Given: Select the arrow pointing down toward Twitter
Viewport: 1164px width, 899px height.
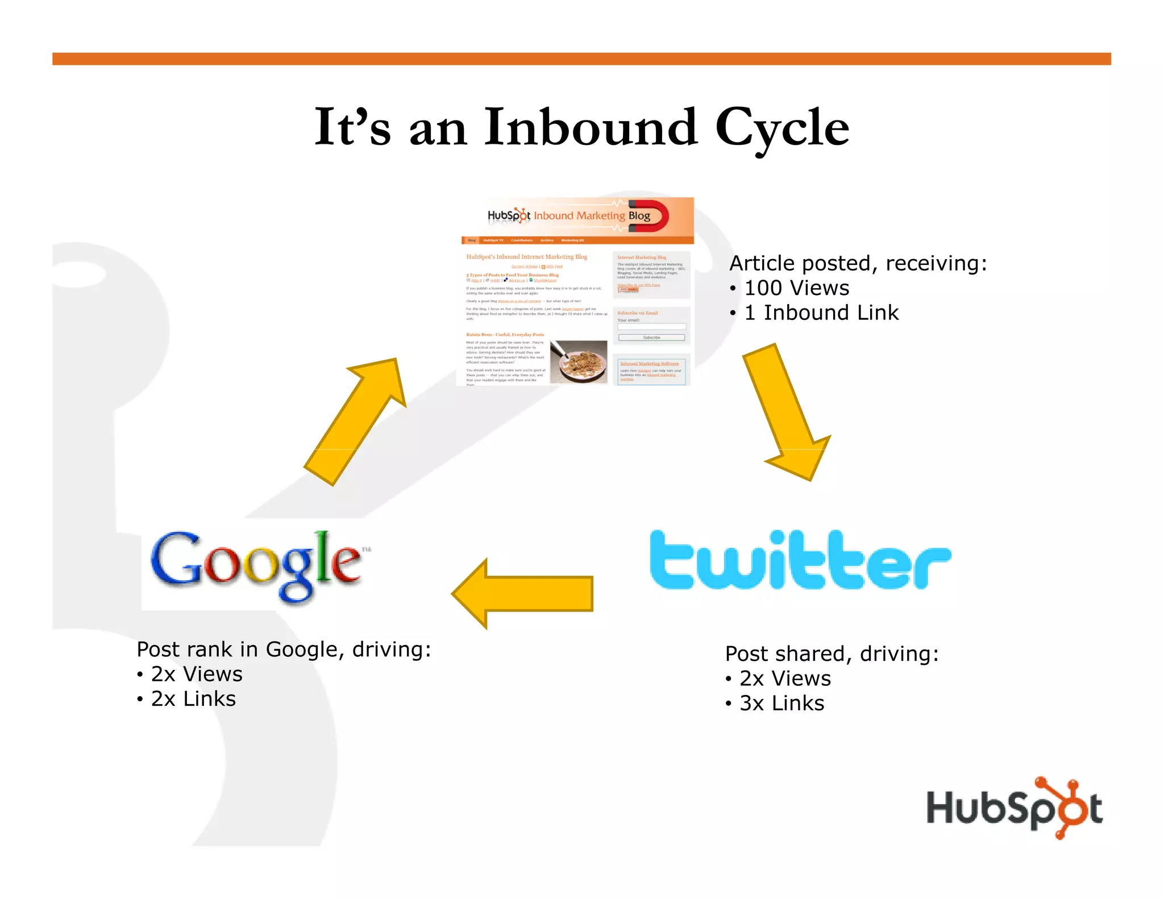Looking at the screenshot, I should click(x=787, y=412).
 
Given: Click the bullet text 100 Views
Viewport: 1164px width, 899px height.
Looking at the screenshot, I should click(x=796, y=288).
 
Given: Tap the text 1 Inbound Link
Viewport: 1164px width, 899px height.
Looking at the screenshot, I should click(x=821, y=313).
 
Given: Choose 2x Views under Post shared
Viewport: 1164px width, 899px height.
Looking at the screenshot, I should click(x=785, y=679).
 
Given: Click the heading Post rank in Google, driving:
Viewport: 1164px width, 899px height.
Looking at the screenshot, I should click(x=284, y=649).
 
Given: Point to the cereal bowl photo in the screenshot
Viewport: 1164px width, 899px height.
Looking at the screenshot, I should click(x=579, y=362).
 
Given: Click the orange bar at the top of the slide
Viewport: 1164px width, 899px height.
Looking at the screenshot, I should click(x=581, y=59).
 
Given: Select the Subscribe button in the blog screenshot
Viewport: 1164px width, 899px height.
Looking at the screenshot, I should click(x=651, y=338).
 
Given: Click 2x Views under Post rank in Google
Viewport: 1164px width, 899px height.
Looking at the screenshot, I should click(x=197, y=674).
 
